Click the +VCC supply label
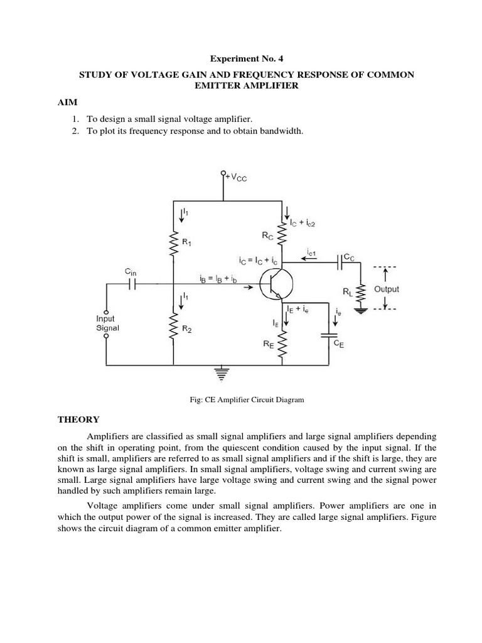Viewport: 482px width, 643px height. (236, 178)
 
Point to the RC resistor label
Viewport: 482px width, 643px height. (268, 237)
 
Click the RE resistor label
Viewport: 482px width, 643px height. (269, 344)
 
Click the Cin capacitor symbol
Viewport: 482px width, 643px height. (132, 284)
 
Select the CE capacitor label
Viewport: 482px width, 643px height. (338, 344)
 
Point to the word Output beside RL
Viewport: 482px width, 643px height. (386, 289)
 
